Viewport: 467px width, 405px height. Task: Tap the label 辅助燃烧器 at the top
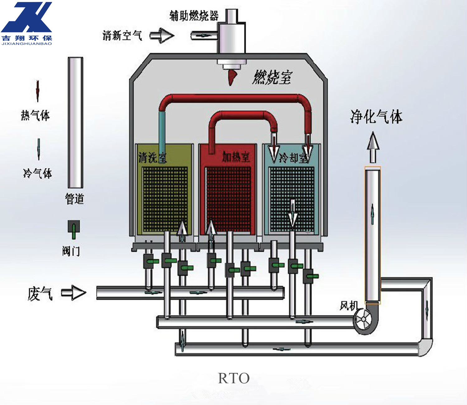coord(194,16)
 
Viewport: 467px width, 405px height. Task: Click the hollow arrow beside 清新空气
coord(162,36)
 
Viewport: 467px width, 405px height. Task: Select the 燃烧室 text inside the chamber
coord(272,77)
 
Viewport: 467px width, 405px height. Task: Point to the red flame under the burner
coord(232,78)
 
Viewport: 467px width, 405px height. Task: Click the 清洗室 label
coord(152,157)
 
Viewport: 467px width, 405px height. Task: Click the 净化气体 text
coord(376,117)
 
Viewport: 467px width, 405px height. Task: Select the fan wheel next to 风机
coord(363,320)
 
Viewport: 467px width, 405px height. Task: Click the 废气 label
coord(40,294)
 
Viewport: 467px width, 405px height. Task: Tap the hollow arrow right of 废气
coord(74,293)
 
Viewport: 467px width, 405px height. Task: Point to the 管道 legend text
coord(74,199)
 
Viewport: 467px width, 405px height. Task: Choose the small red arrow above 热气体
coord(38,91)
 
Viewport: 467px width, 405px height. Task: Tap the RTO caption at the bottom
coord(233,378)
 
